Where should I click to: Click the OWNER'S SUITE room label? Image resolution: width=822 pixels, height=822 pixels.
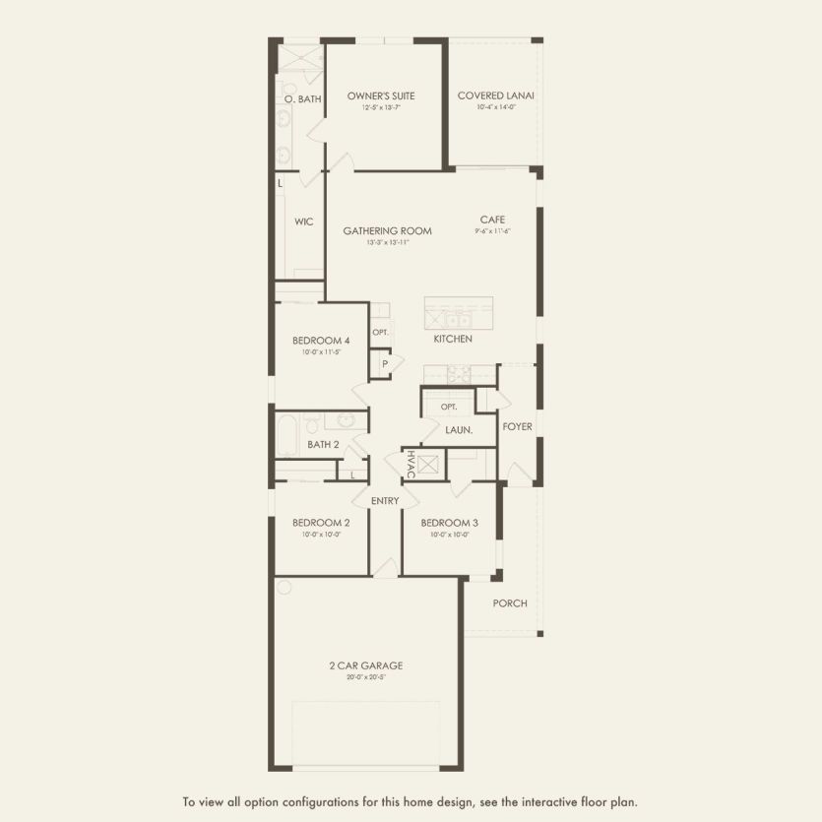coord(380,95)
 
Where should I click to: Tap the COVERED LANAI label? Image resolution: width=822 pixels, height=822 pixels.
coord(495,95)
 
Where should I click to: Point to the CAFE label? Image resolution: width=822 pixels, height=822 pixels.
coord(492,220)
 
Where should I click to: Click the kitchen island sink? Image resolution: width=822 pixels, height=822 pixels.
coord(457,319)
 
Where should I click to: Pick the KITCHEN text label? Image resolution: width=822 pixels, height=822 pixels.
coord(453,339)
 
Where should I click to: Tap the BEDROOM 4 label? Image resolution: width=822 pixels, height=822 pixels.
coord(321,341)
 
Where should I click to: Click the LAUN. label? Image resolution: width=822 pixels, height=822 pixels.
coord(459,430)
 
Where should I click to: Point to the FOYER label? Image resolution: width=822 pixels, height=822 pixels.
coord(517,427)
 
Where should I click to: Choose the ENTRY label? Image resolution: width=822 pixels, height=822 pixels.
coord(385,501)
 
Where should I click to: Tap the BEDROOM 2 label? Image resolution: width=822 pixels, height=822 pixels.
coord(321,523)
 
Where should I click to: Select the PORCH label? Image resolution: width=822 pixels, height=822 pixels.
coord(510,603)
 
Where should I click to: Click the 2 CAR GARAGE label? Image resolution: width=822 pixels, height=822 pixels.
coord(365,665)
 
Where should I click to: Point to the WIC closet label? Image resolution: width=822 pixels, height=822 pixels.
coord(303,221)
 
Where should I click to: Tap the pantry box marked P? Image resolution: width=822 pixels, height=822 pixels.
coord(385,364)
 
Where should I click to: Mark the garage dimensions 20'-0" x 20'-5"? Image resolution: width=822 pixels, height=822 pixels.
coord(365,677)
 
